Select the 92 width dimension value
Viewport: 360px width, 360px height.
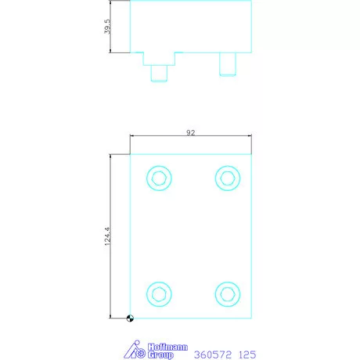point(190,133)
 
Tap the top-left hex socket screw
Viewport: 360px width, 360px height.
point(160,178)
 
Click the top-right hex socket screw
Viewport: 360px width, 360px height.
point(227,178)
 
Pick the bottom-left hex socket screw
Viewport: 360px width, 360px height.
point(160,293)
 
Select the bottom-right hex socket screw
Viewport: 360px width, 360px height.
point(227,293)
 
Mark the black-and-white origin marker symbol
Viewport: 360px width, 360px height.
point(130,318)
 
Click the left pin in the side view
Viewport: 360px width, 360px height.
point(160,71)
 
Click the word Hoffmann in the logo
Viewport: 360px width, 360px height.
point(166,346)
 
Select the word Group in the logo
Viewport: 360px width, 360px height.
point(161,355)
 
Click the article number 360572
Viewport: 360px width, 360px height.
point(212,353)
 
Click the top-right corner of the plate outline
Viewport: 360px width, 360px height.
point(251,154)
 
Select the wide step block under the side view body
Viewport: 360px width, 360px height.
point(160,59)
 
